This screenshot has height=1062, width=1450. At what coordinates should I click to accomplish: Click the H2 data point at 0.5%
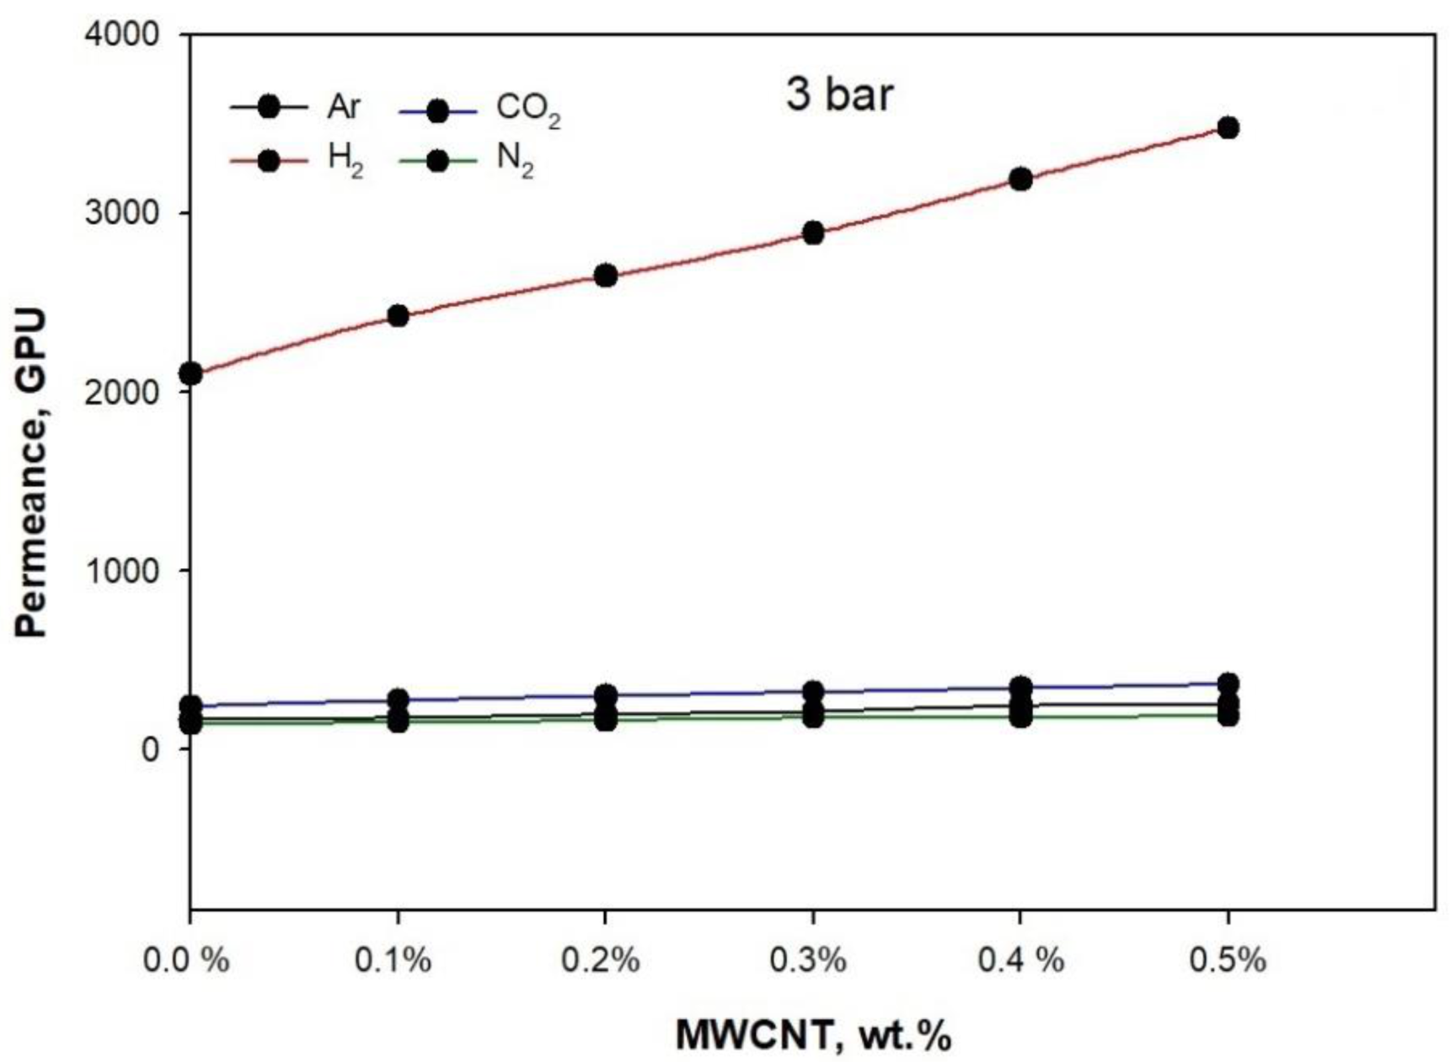[x=1228, y=128]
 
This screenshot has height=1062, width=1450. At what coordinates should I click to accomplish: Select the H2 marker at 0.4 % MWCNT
[x=1020, y=180]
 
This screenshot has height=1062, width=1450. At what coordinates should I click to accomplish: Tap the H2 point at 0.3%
[x=813, y=233]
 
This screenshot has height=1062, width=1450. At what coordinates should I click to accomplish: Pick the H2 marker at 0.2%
[x=606, y=276]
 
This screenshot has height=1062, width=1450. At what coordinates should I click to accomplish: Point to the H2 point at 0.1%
[x=398, y=316]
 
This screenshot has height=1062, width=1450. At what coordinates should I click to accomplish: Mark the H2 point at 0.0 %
[x=191, y=373]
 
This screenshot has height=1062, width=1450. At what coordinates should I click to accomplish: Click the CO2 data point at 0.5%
[x=1228, y=684]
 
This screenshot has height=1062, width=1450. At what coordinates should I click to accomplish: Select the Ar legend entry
[x=296, y=108]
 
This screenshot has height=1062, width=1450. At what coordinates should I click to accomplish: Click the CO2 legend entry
[x=476, y=110]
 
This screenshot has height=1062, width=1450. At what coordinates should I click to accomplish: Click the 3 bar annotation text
[x=838, y=95]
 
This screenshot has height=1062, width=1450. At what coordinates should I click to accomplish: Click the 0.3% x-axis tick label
[x=812, y=960]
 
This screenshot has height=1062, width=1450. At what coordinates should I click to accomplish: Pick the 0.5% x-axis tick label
[x=1228, y=960]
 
